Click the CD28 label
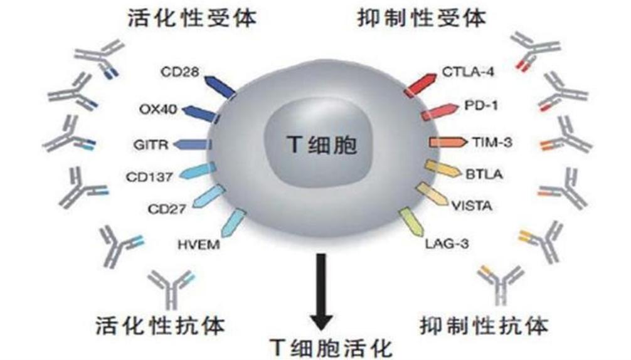click(179, 72)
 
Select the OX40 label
click(158, 109)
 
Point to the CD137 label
click(149, 177)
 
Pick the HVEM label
click(199, 245)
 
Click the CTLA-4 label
click(468, 72)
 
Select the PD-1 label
click(481, 105)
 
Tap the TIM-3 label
click(492, 142)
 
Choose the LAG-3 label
click(447, 244)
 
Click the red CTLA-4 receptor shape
click(420, 85)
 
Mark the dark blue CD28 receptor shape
click(220, 87)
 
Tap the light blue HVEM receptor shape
click(234, 223)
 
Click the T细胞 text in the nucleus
click(322, 144)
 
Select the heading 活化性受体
click(192, 18)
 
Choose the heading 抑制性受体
click(422, 18)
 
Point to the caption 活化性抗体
click(160, 326)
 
